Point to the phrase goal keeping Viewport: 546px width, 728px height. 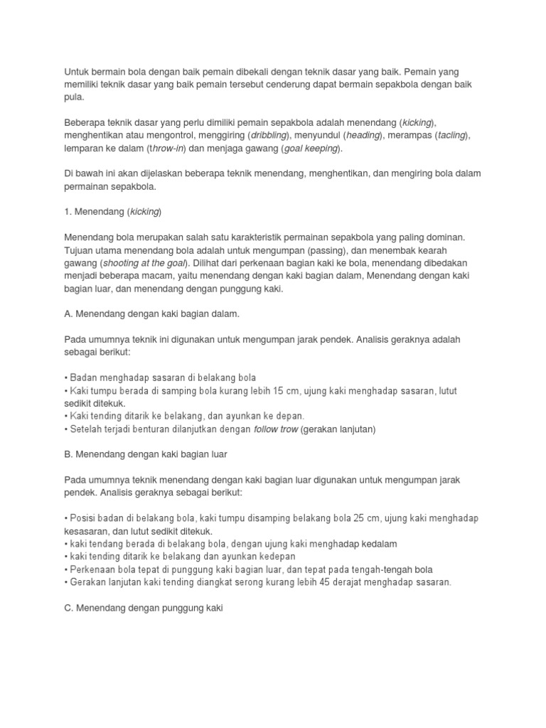(x=311, y=149)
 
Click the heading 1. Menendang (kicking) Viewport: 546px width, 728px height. (x=113, y=212)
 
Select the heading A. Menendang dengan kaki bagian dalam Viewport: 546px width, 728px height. (x=151, y=313)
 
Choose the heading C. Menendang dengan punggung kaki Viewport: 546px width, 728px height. (x=144, y=609)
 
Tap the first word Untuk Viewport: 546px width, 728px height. (x=77, y=73)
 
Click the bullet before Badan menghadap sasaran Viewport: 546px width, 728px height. (x=66, y=377)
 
